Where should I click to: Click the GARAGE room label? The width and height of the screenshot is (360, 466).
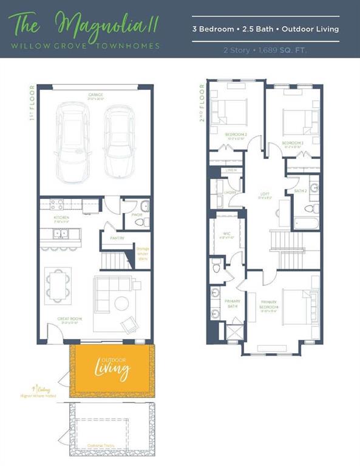95,95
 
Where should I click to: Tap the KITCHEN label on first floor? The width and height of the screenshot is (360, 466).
61,217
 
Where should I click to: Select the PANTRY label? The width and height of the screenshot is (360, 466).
117,238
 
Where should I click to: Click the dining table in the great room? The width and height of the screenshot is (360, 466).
59,284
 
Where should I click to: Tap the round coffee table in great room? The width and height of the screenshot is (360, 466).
120,302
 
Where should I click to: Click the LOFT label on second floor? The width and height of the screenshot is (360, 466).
265,194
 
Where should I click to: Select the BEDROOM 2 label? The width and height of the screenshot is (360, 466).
236,134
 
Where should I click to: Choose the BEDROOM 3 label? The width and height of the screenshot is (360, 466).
293,143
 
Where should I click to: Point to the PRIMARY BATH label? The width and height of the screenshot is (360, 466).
233,303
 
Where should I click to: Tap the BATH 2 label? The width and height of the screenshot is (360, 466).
301,191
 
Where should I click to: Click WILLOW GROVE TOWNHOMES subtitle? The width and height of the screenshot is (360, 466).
84,46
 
